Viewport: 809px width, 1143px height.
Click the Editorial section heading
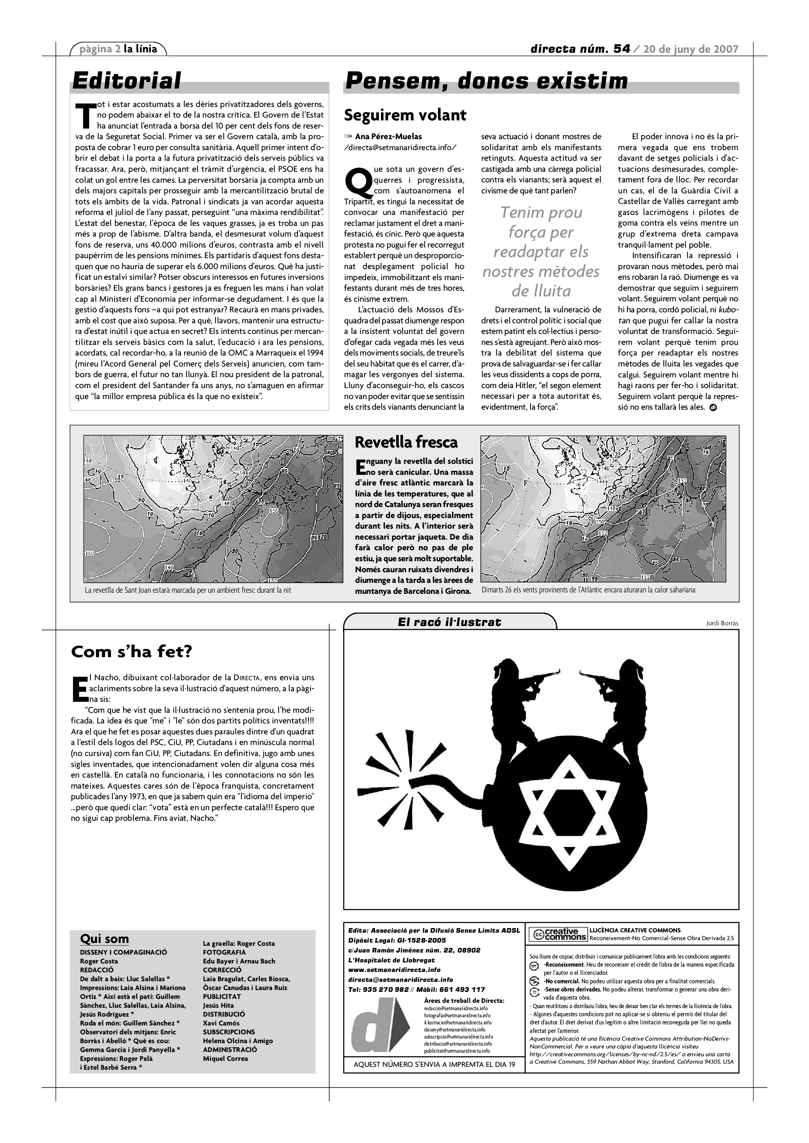(x=127, y=81)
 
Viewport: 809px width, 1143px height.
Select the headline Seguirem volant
(x=405, y=115)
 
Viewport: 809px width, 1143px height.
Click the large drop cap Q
(x=358, y=183)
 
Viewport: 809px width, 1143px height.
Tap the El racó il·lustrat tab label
(x=449, y=622)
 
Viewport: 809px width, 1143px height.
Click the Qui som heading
(x=104, y=939)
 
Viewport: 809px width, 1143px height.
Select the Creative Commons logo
(x=557, y=934)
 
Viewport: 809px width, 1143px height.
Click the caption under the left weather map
(x=188, y=590)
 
